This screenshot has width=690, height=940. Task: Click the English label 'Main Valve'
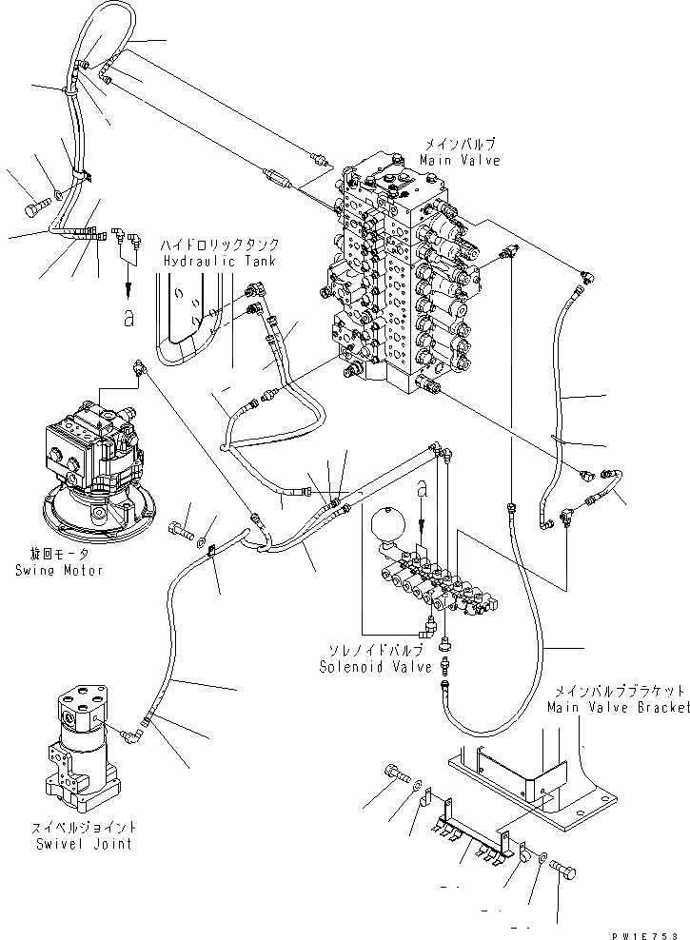point(461,161)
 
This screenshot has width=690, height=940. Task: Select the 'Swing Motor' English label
point(58,570)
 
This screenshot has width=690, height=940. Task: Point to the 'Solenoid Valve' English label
point(363,667)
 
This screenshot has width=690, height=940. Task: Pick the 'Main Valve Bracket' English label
point(617,708)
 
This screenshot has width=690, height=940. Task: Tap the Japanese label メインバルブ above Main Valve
point(461,146)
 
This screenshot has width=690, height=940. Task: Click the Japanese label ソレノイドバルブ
point(363,653)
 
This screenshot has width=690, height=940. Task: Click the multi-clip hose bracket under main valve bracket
point(471,828)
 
